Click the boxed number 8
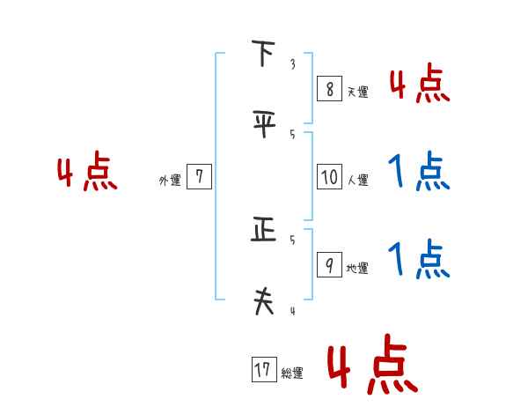point(327,88)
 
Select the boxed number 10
point(329,177)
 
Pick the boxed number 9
point(328,265)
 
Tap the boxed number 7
point(199,177)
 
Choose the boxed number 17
point(262,370)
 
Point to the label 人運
point(358,181)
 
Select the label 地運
point(357,269)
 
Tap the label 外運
point(170,181)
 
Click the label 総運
point(292,373)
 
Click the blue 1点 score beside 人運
point(419,171)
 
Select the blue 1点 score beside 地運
point(419,259)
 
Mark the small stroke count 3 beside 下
point(292,64)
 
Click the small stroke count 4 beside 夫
point(292,310)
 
